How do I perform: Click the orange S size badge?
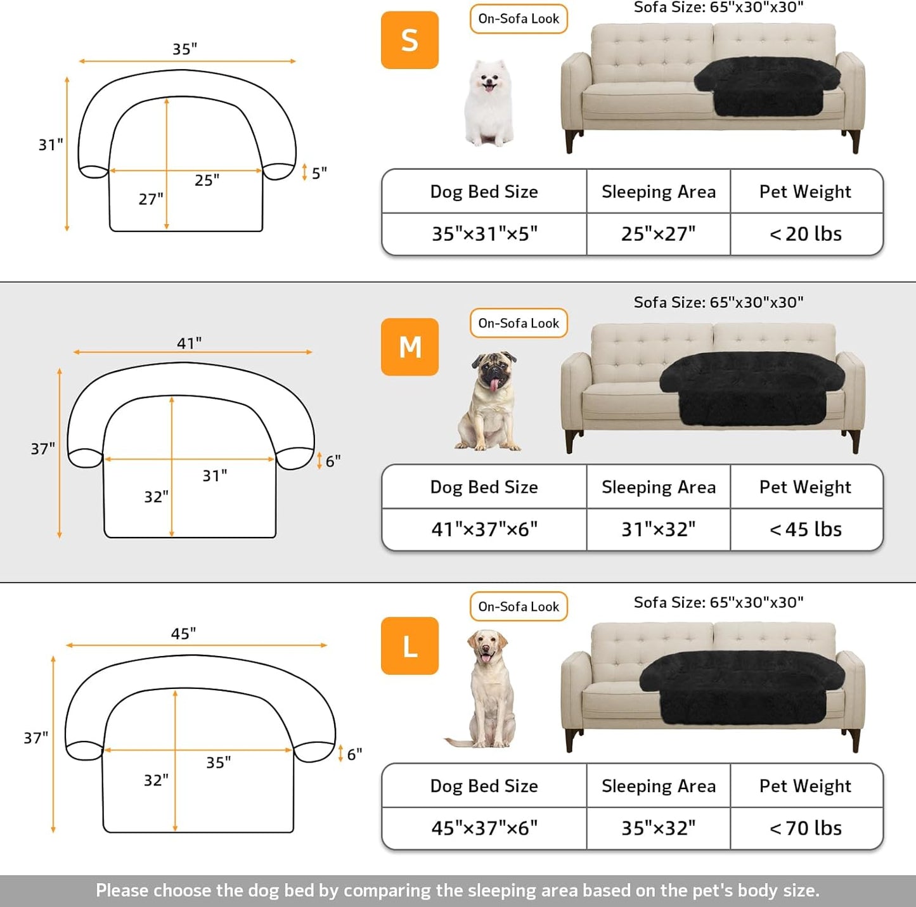click(410, 40)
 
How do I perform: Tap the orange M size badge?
click(410, 347)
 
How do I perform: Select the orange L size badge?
click(410, 646)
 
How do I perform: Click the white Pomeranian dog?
click(488, 103)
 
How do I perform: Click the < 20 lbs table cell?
click(806, 234)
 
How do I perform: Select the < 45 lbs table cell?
click(806, 529)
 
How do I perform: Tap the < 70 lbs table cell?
click(806, 828)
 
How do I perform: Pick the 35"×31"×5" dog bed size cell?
click(484, 234)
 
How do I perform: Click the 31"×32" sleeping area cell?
click(658, 529)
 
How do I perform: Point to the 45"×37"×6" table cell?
click(484, 828)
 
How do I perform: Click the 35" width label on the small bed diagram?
click(185, 49)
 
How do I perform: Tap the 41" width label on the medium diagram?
click(189, 343)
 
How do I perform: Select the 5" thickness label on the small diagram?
click(319, 172)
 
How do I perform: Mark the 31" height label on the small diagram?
click(51, 145)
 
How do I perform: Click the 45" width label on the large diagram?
click(183, 634)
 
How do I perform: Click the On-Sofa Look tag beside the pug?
click(519, 323)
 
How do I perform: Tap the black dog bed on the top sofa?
click(767, 86)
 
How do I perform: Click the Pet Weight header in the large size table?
click(806, 786)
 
